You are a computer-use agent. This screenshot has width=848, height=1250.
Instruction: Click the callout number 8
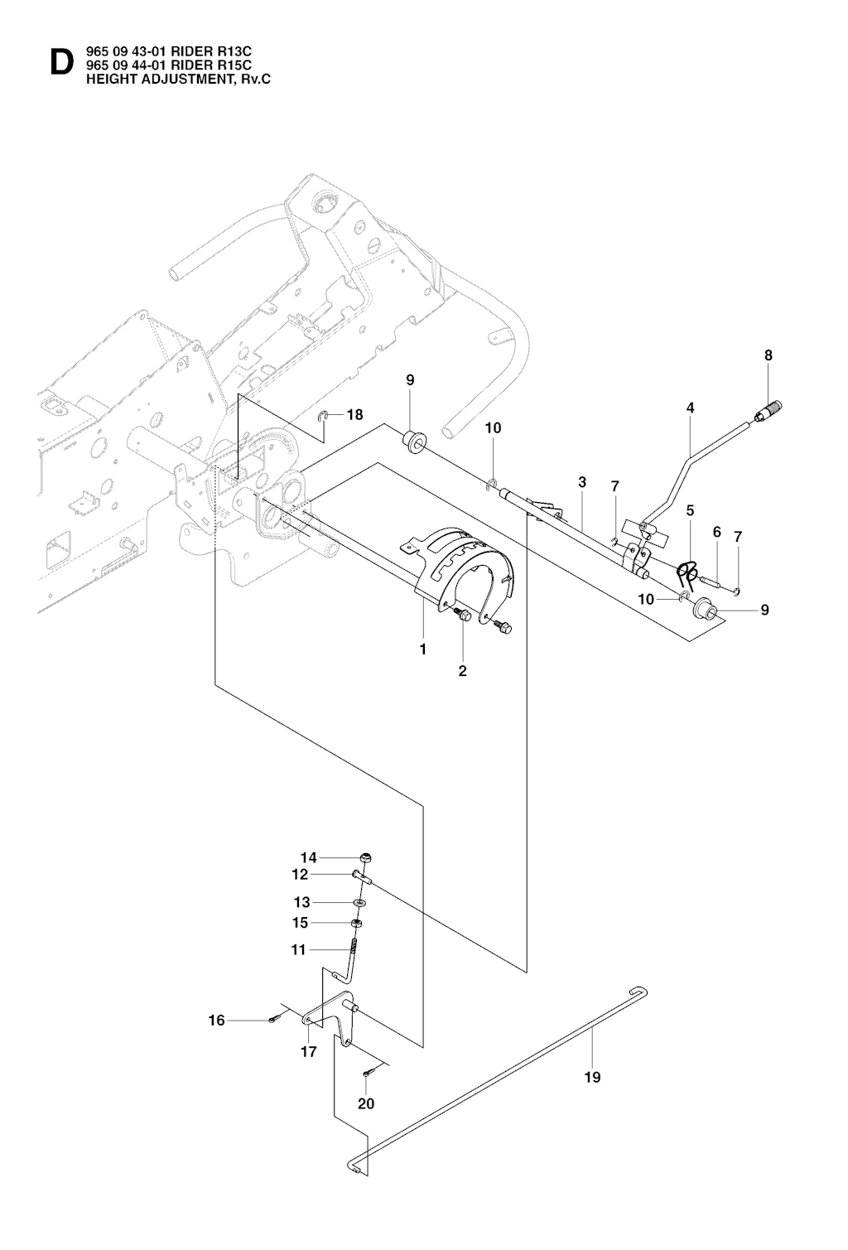click(768, 355)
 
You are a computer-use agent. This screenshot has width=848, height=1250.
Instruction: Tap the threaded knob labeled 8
click(770, 410)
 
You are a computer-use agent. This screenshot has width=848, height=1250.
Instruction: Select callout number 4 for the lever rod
click(690, 408)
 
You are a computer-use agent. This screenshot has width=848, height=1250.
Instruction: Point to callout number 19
click(593, 1077)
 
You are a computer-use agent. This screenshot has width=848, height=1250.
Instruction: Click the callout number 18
click(354, 414)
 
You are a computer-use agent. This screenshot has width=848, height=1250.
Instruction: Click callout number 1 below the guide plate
click(423, 649)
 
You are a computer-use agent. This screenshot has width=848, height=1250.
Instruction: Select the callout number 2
click(462, 670)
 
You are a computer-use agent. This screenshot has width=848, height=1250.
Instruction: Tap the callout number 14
click(309, 857)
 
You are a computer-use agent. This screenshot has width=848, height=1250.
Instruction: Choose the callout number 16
click(216, 1021)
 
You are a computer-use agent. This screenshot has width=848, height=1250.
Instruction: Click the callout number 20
click(366, 1103)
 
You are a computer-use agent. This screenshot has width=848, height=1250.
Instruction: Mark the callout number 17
click(308, 1052)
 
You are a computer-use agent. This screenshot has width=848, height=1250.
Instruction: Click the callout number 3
click(582, 482)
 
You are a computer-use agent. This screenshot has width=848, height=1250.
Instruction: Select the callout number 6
click(717, 532)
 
